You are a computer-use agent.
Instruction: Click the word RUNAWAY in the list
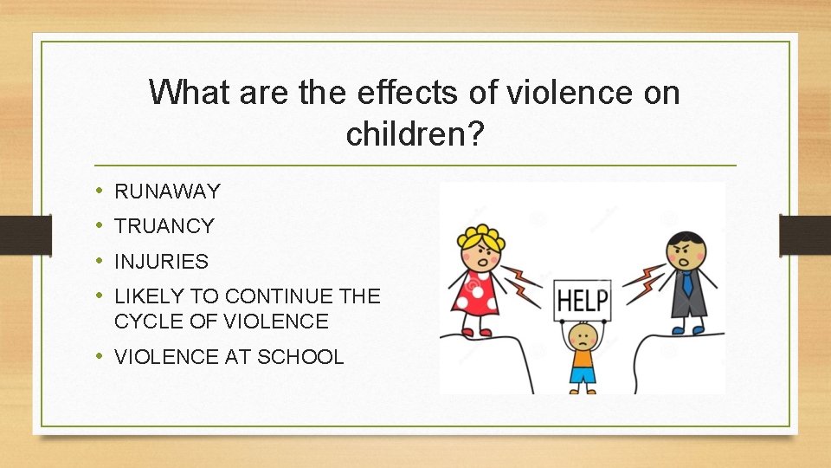[x=167, y=192]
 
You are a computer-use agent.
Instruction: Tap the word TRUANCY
[x=164, y=226]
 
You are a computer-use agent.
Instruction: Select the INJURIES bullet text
[x=161, y=261]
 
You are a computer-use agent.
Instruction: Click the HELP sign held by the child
[x=582, y=300]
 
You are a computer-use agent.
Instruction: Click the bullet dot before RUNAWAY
[x=100, y=191]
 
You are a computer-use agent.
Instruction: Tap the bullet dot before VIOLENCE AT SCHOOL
[x=100, y=356]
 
